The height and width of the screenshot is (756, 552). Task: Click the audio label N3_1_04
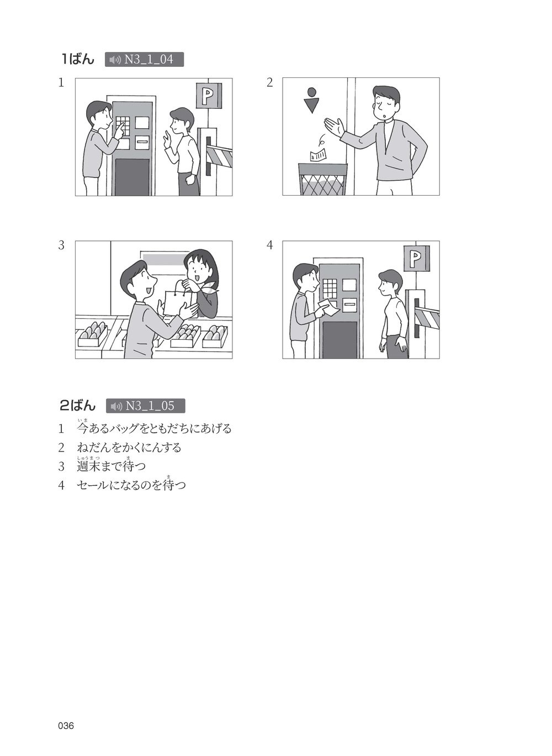coord(144,59)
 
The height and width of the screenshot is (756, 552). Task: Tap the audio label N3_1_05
coord(145,406)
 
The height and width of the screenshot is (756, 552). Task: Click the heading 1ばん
coord(78,59)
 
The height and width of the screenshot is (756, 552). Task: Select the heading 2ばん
coord(78,406)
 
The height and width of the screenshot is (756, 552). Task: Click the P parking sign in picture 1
coord(209,96)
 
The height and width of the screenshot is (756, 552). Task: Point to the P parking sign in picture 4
coord(417,259)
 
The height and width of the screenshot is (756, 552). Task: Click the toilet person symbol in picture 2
coord(311,100)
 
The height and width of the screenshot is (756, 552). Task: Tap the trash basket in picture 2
coord(323,179)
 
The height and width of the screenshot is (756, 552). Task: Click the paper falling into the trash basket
coord(319,155)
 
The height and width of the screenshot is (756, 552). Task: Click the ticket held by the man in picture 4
coord(330,308)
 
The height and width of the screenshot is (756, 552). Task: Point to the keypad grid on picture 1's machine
coord(123,125)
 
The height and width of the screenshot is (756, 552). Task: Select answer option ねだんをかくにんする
coord(129,448)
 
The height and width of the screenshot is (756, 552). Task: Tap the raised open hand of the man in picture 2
coord(334,127)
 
